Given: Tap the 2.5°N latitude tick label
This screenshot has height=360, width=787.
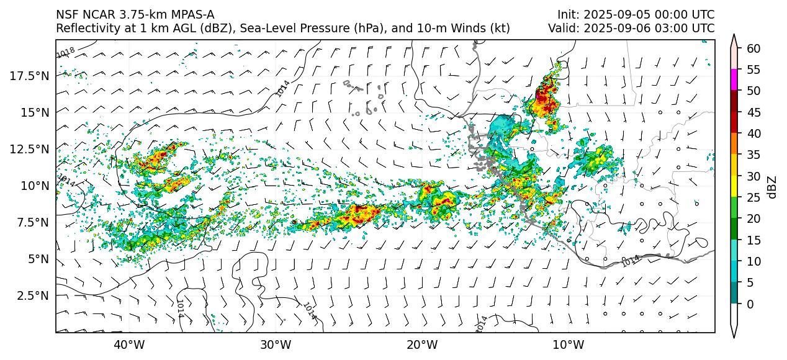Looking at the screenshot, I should coord(31,295).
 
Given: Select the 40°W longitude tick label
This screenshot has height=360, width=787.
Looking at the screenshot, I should coord(129,344).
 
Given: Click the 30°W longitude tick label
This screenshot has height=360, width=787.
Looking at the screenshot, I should coord(276,344).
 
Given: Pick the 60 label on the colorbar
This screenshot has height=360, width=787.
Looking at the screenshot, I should coord(753,48).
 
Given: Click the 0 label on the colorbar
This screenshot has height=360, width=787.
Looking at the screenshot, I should coord(750,304).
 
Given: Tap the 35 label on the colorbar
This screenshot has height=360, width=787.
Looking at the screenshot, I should coord(753,155).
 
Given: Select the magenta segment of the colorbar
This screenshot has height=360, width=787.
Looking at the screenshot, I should coord(734,80).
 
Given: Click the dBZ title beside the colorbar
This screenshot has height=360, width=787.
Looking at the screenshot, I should coord(772,187).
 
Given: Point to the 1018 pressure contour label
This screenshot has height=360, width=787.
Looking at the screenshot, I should coord(66,53).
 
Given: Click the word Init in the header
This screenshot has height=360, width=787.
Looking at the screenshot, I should coord(567,15).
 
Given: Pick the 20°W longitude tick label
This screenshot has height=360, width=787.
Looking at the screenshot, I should coord(422,344).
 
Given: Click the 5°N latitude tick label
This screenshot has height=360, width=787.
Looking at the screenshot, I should coord(35,259).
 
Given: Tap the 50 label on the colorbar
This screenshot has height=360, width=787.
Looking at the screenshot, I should coord(753,91).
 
